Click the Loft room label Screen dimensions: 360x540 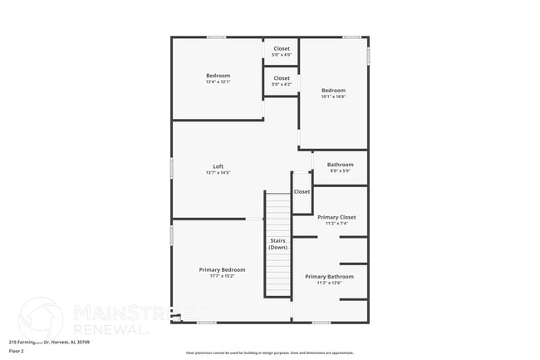tap(218, 166)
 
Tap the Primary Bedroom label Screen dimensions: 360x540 tap(222, 269)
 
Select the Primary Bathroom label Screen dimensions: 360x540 tap(329, 276)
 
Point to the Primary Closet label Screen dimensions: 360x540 tap(336, 217)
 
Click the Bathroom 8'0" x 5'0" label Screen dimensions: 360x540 tap(340, 165)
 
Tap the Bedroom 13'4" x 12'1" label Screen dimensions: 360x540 tap(218, 76)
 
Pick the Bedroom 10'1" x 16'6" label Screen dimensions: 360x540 tap(333, 90)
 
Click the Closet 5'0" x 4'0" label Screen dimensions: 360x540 tap(282, 48)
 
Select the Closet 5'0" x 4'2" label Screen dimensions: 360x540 tap(282, 78)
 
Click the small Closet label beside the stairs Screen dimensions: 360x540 tap(302, 191)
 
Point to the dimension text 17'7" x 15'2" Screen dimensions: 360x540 tap(222, 276)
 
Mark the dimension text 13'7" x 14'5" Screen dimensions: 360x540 tap(218, 172)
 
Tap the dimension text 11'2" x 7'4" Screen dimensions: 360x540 tap(336, 223)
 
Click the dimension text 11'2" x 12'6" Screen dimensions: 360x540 tap(329, 283)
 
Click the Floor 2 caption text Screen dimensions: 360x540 tap(16, 351)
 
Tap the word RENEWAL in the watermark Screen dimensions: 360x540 tap(111, 328)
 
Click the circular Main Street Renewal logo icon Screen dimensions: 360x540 tap(40, 319)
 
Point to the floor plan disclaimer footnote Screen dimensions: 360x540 tap(269, 353)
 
